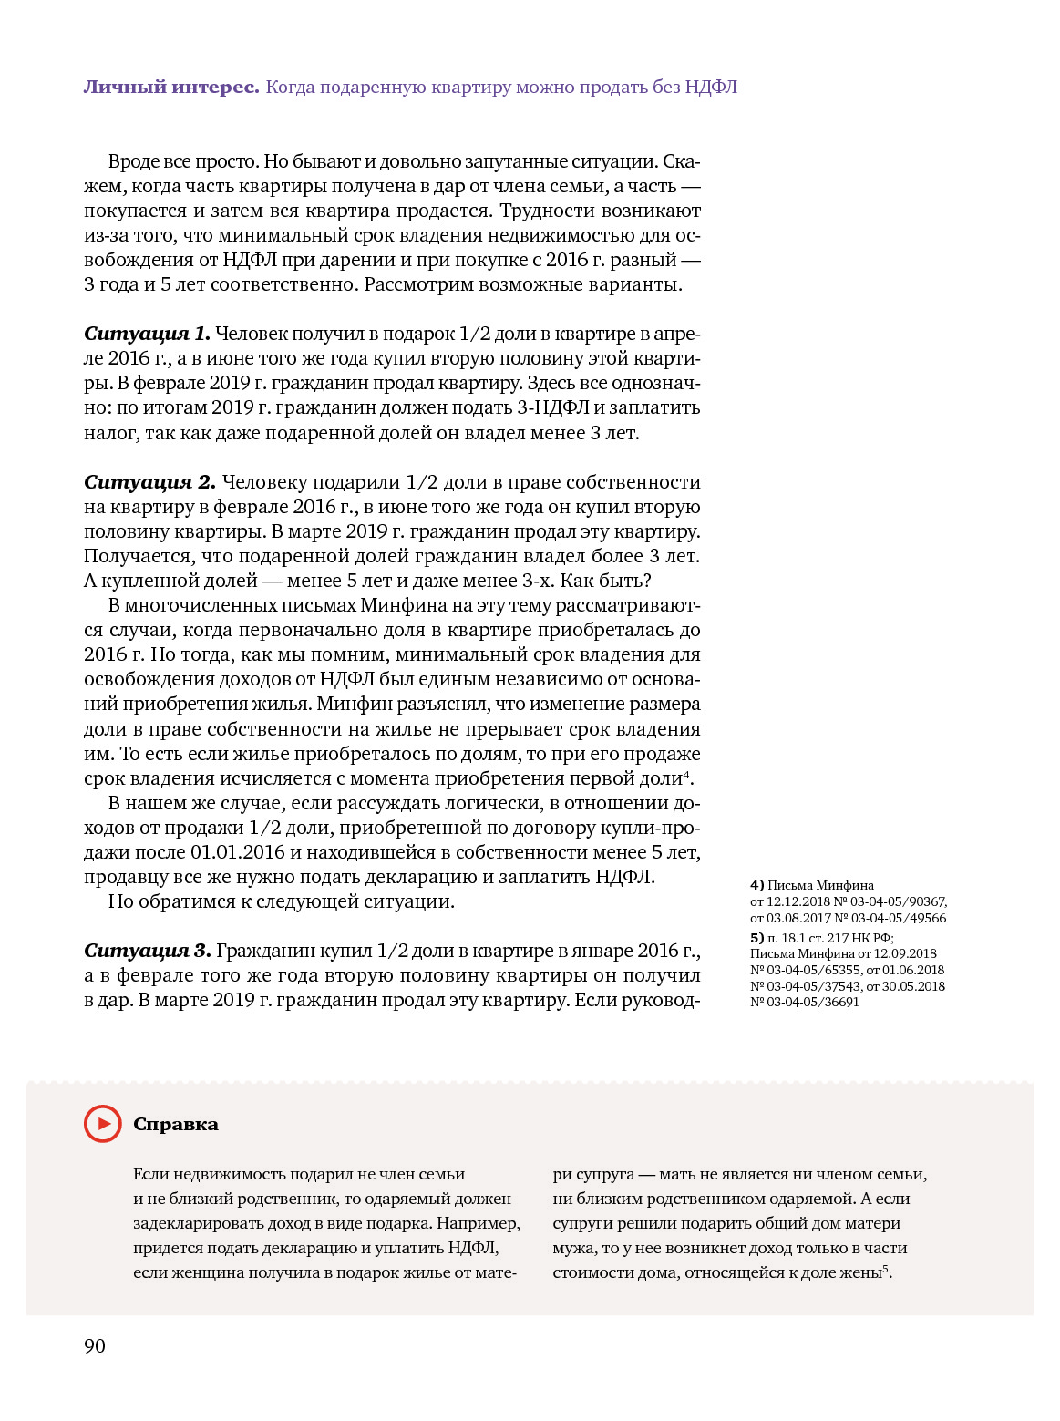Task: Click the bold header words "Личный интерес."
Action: (x=171, y=88)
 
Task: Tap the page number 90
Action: (x=95, y=1346)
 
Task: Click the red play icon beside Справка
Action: (x=102, y=1124)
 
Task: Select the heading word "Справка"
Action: (x=176, y=1125)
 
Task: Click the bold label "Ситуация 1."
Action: (x=147, y=334)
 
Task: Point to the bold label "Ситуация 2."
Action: (x=149, y=482)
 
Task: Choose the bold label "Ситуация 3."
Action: (x=148, y=951)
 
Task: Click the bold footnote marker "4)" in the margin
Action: (x=756, y=885)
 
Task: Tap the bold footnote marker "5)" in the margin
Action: (x=756, y=938)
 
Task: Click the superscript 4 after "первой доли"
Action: (x=686, y=774)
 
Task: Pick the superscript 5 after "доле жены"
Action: (x=885, y=1268)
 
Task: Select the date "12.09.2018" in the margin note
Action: (x=905, y=954)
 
